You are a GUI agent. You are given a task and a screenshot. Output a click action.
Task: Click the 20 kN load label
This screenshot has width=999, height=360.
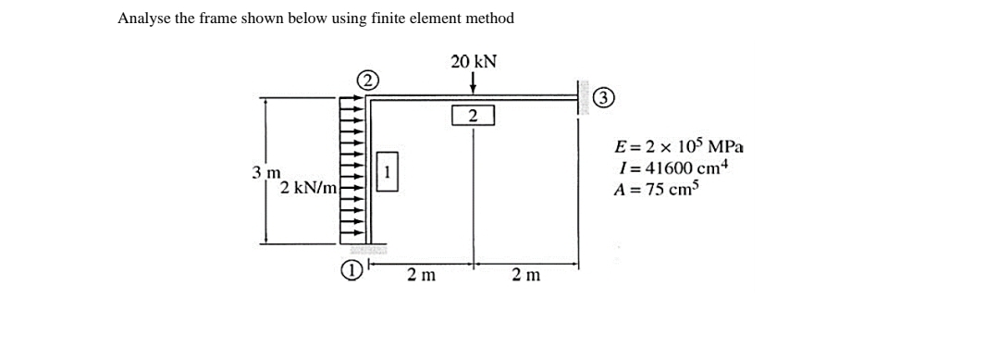click(x=474, y=62)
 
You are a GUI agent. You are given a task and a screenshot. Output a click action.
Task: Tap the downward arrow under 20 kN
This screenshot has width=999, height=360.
click(x=473, y=84)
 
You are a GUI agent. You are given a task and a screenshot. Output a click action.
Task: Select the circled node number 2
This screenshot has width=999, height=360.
click(x=367, y=80)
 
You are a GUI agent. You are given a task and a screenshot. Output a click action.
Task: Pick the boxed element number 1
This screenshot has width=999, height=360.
click(x=388, y=173)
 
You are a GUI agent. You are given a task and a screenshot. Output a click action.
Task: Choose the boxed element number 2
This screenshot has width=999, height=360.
click(x=473, y=116)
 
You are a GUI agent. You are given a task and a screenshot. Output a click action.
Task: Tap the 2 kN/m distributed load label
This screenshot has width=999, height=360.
click(x=308, y=188)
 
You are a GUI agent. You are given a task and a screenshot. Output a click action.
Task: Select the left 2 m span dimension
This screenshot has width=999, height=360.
click(x=422, y=275)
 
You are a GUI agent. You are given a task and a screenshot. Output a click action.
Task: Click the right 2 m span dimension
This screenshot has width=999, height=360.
click(x=526, y=275)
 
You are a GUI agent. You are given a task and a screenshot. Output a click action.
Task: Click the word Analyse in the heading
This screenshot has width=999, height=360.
click(x=143, y=18)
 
